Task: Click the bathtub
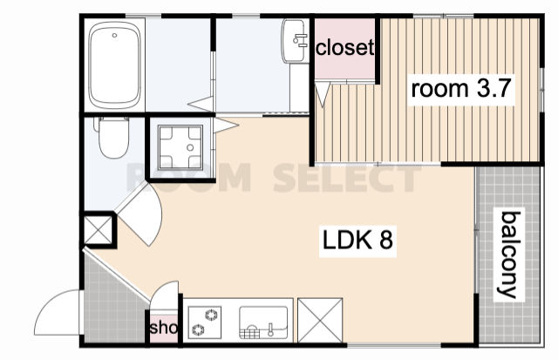[114, 65]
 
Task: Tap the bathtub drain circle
[114, 35]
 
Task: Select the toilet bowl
[113, 138]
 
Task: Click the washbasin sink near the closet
[295, 41]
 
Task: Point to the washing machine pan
[180, 147]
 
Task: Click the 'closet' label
[345, 47]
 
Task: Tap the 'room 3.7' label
[461, 89]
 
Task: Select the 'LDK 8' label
[357, 240]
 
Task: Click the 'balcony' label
[510, 255]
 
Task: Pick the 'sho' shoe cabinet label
[164, 328]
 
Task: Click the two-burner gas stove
[205, 323]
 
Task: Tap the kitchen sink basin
[263, 323]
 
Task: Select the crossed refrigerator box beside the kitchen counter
[320, 321]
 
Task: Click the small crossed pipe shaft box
[98, 230]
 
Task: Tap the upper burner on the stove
[211, 315]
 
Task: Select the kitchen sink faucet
[270, 329]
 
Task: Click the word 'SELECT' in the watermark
[347, 178]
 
